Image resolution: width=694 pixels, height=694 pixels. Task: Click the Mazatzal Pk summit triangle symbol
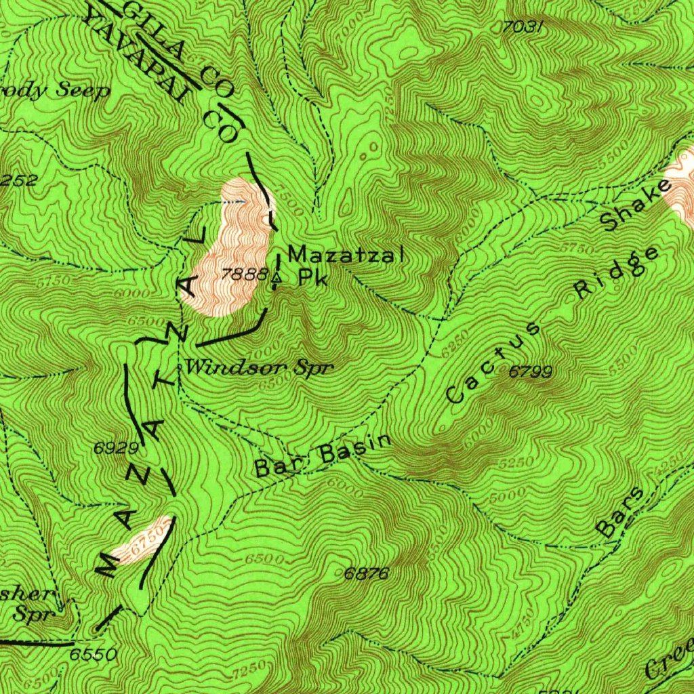click(276, 278)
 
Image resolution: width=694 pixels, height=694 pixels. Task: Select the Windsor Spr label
click(260, 368)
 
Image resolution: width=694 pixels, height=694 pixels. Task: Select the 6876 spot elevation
click(366, 574)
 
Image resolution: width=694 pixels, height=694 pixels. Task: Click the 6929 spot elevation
click(117, 448)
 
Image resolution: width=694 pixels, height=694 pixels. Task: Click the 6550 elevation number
click(92, 655)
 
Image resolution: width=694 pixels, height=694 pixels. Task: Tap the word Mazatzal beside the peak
click(346, 256)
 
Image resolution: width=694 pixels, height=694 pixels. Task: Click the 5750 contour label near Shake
click(575, 249)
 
